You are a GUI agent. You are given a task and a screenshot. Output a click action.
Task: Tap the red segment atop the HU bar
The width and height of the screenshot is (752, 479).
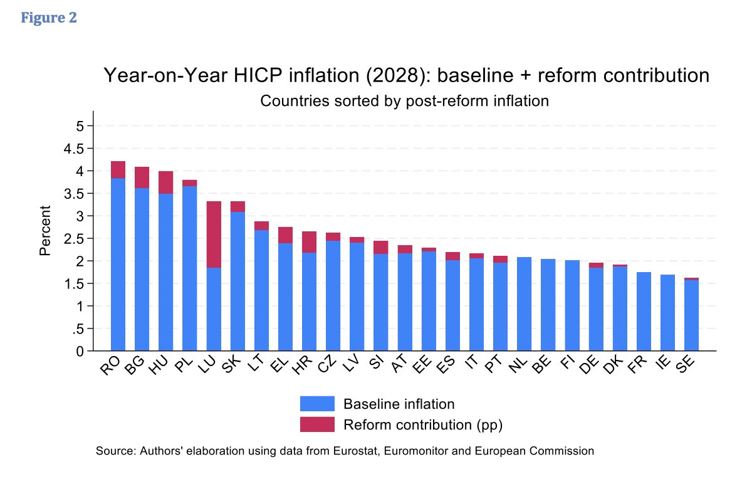coord(165,182)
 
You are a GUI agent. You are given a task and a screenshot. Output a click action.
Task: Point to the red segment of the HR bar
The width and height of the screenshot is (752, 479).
coord(308,242)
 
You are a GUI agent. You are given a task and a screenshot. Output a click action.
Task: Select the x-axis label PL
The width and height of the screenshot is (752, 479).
coord(182,366)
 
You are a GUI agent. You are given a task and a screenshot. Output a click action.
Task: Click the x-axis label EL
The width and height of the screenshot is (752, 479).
coord(278,366)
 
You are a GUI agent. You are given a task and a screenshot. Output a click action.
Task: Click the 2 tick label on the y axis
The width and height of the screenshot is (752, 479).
coord(80,261)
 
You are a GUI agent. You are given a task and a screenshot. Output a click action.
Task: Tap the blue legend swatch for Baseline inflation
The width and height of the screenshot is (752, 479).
coord(317,403)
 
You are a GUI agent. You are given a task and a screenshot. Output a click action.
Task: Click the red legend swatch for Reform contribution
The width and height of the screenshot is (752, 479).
coord(317,424)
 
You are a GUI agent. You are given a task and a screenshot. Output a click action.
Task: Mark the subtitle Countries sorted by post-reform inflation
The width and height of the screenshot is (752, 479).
coord(404,100)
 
